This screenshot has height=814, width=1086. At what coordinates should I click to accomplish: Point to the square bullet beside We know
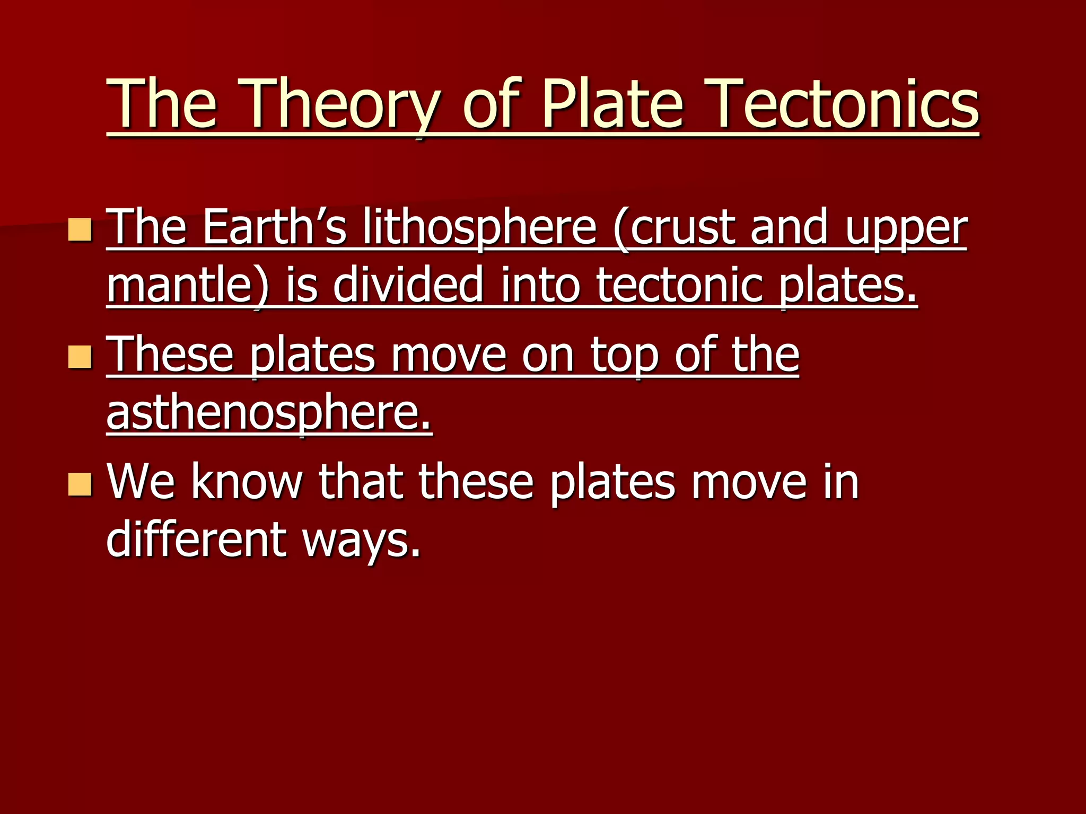point(80,484)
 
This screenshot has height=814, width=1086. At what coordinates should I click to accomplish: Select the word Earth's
point(275,228)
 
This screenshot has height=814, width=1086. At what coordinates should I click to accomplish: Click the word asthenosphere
point(269,415)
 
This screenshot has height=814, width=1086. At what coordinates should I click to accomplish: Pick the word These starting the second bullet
point(170,355)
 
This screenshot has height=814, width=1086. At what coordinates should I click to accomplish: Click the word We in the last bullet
point(141,482)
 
